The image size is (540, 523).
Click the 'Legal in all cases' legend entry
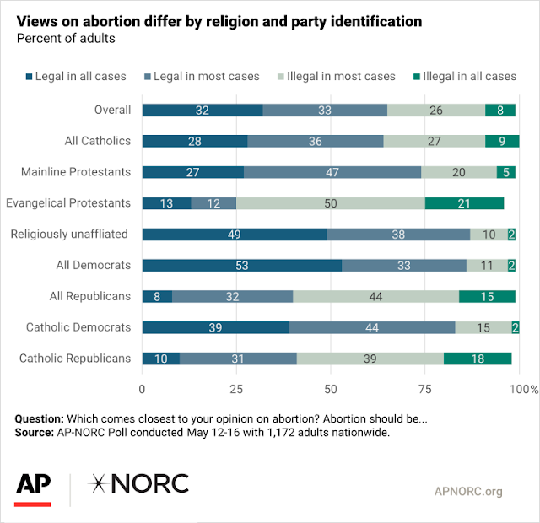74,76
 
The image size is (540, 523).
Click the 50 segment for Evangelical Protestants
331,203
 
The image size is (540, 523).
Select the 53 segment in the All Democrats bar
241,266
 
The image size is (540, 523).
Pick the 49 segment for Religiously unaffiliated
235,235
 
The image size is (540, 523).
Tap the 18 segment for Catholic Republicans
478,359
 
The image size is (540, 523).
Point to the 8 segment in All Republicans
157,296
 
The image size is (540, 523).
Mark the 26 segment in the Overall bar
436,110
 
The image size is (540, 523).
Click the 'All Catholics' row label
98,141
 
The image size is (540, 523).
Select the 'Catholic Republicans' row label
75,359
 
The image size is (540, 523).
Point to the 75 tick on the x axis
424,389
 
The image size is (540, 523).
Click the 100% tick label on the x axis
523,389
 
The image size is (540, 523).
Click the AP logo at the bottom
33,485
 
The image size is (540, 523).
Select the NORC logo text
139,483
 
